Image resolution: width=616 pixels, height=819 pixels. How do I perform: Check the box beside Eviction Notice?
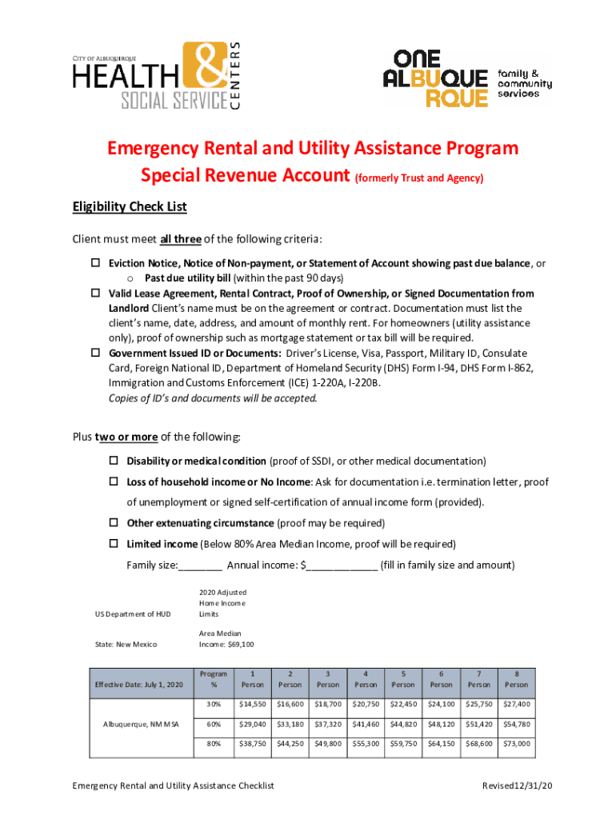pos(93,264)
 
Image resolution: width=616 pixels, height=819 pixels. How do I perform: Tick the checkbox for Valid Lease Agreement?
pos(93,294)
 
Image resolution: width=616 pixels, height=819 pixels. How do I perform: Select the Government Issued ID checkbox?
pos(93,354)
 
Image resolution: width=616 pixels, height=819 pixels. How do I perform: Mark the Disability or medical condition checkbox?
pos(114,461)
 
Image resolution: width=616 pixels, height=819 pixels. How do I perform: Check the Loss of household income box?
pos(114,482)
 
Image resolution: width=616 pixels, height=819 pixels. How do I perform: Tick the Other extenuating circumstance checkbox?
pos(114,524)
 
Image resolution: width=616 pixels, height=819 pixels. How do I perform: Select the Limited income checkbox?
pos(114,545)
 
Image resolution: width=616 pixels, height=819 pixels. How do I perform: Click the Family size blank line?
pos(201,566)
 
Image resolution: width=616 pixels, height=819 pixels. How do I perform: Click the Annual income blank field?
pos(342,566)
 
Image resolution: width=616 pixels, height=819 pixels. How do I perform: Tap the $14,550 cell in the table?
pos(252,705)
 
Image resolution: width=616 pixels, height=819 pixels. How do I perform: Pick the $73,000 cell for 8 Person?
pos(516,744)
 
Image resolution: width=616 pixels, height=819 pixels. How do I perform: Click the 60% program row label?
pos(214,725)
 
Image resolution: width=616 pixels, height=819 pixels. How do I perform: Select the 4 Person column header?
pos(366,679)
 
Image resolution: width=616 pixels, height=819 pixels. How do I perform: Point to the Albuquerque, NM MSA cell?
pos(139,725)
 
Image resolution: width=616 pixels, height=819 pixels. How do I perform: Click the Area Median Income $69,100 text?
pos(226,639)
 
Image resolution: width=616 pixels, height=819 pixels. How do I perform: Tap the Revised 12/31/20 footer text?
pos(517,786)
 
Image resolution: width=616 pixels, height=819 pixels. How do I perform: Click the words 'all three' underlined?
pos(181,239)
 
